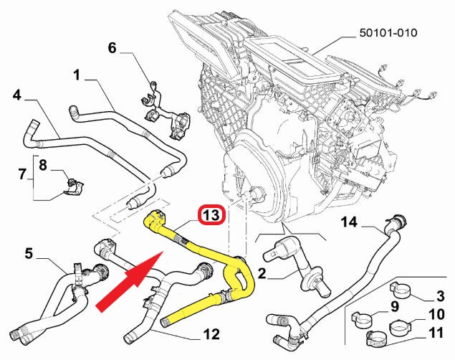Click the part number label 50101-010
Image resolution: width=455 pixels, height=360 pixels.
pyautogui.click(x=388, y=32)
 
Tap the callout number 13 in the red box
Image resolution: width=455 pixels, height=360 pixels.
pyautogui.click(x=211, y=215)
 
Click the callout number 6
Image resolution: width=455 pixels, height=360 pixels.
pyautogui.click(x=112, y=48)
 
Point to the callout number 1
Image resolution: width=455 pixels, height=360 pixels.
pyautogui.click(x=77, y=75)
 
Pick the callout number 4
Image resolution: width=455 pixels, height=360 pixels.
pyautogui.click(x=17, y=95)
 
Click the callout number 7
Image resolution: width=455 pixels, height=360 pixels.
pyautogui.click(x=22, y=174)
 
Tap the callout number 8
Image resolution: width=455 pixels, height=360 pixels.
pyautogui.click(x=43, y=166)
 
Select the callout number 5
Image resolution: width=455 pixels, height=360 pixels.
pyautogui.click(x=29, y=253)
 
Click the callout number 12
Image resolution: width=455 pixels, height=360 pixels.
pyautogui.click(x=211, y=334)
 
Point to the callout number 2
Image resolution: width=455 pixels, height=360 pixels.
pyautogui.click(x=262, y=273)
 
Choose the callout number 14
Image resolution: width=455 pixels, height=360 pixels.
pyautogui.click(x=349, y=222)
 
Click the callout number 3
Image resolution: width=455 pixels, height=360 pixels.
pyautogui.click(x=440, y=296)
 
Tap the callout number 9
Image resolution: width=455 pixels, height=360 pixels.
pyautogui.click(x=395, y=306)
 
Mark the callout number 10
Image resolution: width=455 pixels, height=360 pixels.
pyautogui.click(x=436, y=314)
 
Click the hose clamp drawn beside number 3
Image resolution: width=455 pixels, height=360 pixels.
pyautogui.click(x=400, y=288)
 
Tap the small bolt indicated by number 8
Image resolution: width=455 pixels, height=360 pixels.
pyautogui.click(x=70, y=182)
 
